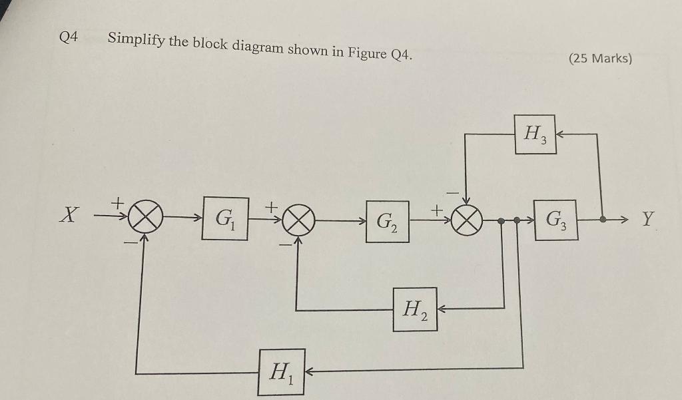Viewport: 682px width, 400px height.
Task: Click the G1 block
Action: (x=225, y=218)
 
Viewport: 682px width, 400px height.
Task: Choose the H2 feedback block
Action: (x=415, y=309)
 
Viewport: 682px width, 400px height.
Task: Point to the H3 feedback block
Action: (x=535, y=134)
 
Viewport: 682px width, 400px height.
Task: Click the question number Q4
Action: (x=69, y=37)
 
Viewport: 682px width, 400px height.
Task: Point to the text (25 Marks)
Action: (x=601, y=58)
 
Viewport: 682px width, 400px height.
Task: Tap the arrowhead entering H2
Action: (x=442, y=308)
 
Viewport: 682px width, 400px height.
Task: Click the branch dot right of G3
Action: (x=603, y=218)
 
